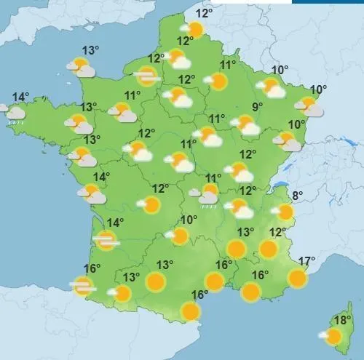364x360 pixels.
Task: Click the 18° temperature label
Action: pos(342,320)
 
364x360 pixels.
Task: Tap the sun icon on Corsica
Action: pos(333,336)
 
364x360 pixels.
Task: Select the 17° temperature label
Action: pos(306,261)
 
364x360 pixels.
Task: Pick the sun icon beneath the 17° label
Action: pos(297,277)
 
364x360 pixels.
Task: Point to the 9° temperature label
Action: pos(257,108)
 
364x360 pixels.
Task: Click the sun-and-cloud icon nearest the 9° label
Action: pos(248,125)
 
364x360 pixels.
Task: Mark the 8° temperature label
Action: pos(297,196)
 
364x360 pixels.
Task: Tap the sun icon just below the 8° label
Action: pos(285,212)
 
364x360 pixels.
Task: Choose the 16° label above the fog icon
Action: pos(91,268)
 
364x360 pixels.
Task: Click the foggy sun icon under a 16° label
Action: pos(84,286)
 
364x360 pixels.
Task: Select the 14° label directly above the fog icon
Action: pos(115,223)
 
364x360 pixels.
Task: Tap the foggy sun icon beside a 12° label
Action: pos(147,75)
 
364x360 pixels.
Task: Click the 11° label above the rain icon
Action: pos(213,178)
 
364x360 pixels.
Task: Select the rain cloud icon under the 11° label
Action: pos(208,195)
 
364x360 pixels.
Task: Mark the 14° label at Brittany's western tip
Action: pos(20,97)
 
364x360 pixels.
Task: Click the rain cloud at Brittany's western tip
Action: pos(12,113)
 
